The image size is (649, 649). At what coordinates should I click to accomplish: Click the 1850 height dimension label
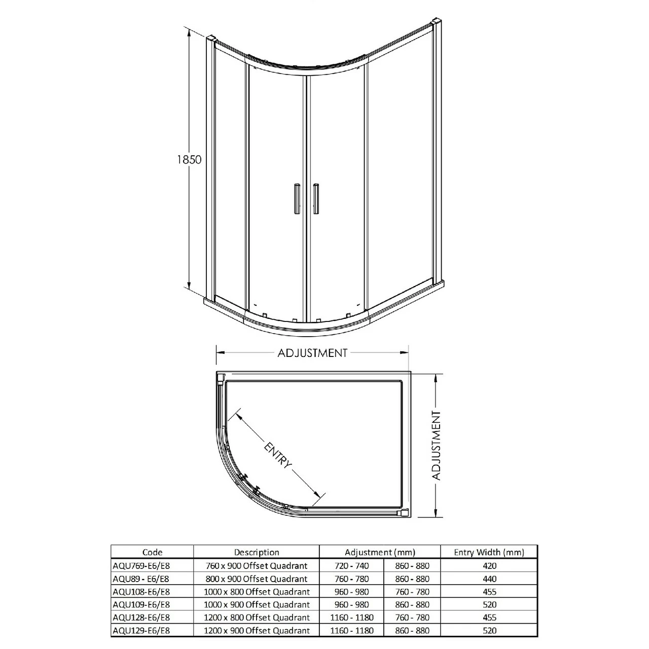(189, 159)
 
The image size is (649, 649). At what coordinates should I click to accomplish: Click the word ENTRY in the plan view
(278, 455)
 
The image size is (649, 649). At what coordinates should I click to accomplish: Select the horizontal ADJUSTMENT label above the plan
(312, 353)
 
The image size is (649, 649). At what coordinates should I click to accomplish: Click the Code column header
(152, 552)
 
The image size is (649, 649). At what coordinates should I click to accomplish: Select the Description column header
(257, 552)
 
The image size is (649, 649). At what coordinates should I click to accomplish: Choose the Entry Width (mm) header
(489, 552)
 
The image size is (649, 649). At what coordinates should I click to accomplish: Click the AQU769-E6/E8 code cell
(140, 565)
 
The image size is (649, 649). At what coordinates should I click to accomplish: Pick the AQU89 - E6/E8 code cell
(140, 579)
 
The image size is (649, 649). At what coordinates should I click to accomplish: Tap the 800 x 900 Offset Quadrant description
(257, 579)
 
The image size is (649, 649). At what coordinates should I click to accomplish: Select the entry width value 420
(490, 565)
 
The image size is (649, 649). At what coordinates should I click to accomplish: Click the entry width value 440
(490, 579)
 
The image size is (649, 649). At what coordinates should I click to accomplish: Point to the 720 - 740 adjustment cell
(352, 565)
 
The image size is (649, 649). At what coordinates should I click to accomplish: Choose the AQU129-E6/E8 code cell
(140, 631)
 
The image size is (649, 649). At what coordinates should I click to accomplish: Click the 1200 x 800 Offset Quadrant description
(257, 618)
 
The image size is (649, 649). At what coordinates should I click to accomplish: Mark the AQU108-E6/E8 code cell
(140, 592)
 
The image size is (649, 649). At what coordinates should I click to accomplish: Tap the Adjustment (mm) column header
(380, 552)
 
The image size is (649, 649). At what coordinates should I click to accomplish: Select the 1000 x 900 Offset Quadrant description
(257, 604)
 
